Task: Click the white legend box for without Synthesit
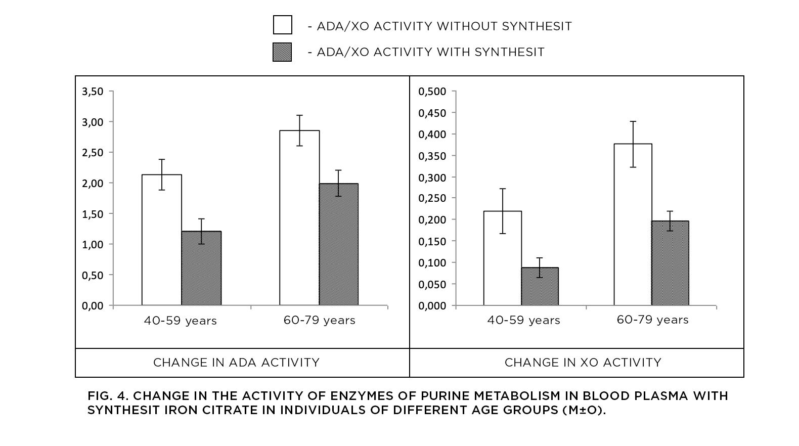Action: pos(283,25)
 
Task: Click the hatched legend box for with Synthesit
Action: pos(282,52)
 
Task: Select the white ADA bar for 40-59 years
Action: pos(162,240)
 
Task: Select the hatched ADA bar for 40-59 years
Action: pos(202,269)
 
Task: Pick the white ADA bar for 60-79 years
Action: pos(299,217)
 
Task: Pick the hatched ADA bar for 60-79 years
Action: pos(338,244)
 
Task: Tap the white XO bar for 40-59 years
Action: pos(503,258)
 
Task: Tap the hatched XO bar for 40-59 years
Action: pos(540,287)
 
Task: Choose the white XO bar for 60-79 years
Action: pos(633,225)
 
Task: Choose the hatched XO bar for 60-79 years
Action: pos(670,263)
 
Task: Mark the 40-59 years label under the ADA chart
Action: pos(180,321)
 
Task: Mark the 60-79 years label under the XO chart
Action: pos(652,320)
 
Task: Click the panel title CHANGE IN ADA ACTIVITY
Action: pos(236,363)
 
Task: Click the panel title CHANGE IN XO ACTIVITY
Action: pos(583,363)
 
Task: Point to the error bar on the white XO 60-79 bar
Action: pos(633,144)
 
